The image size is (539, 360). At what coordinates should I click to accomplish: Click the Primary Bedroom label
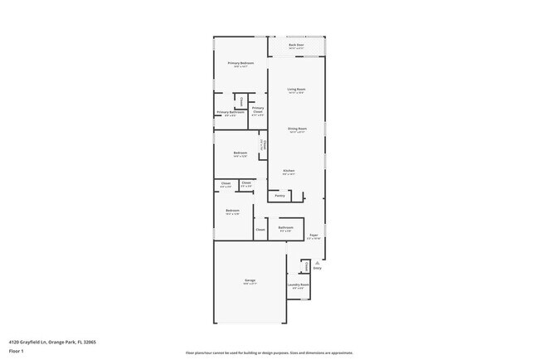pyautogui.click(x=240, y=63)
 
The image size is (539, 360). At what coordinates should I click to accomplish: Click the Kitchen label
pyautogui.click(x=288, y=171)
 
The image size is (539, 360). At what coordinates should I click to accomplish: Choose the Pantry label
pyautogui.click(x=279, y=196)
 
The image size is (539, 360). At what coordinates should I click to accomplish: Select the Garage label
pyautogui.click(x=250, y=281)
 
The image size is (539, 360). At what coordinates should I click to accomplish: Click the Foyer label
pyautogui.click(x=313, y=236)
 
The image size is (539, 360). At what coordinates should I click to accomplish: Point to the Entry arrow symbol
pyautogui.click(x=317, y=263)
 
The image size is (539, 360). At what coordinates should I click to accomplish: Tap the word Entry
pyautogui.click(x=317, y=268)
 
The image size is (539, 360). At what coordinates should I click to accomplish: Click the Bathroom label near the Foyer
pyautogui.click(x=285, y=227)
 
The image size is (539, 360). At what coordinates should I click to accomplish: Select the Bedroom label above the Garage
pyautogui.click(x=232, y=211)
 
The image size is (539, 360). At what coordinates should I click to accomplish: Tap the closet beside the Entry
pyautogui.click(x=305, y=266)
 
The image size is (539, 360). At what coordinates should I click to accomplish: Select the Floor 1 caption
pyautogui.click(x=17, y=351)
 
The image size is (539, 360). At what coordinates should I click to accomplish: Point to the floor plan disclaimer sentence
pyautogui.click(x=269, y=353)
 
